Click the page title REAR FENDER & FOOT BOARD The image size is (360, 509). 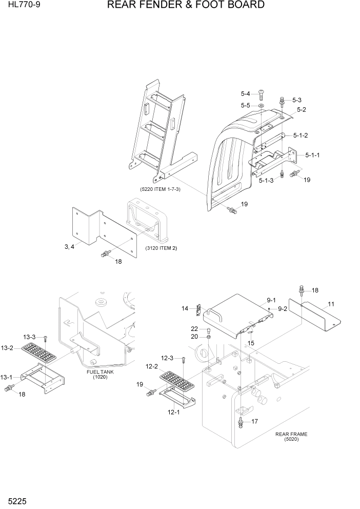pos(186,5)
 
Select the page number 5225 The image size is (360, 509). pos(16,499)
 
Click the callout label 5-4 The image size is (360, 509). pos(246,94)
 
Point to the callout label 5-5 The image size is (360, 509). pos(246,106)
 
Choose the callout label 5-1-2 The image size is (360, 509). pos(301,135)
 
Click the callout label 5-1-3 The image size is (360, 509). pos(266,181)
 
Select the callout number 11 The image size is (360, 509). pos(331,304)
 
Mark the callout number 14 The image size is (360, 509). pos(185,308)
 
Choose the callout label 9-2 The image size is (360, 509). pos(283,309)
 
